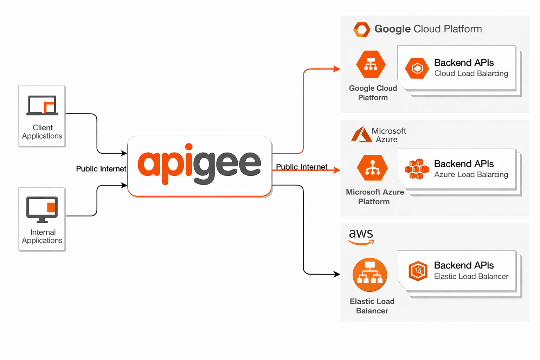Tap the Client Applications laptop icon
coord(42,105)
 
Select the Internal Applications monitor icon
coord(42,210)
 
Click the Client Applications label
coord(42,132)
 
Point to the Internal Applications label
coord(42,236)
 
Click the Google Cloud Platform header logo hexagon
coord(362,30)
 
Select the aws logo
coord(361,236)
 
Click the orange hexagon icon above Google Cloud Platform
coord(371,65)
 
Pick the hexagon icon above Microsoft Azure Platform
coord(372,168)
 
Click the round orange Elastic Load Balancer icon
coord(370,275)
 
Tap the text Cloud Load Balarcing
coord(471,73)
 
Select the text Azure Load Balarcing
coord(471,175)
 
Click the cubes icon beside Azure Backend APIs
coord(417,169)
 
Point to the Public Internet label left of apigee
coord(101,169)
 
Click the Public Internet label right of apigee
coord(302,167)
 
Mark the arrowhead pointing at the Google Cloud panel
coord(337,69)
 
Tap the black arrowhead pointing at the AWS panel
coord(337,274)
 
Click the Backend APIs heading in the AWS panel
coord(464,265)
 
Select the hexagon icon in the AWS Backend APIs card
coord(418,271)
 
